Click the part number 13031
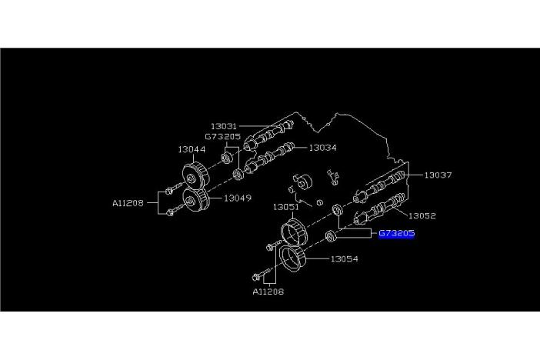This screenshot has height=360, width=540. tap(225, 125)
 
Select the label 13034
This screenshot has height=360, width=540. tap(323, 147)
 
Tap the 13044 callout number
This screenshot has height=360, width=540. tap(191, 149)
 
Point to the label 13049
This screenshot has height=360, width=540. tap(238, 198)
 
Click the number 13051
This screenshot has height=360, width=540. tap(286, 207)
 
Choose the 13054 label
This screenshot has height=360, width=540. tap(345, 259)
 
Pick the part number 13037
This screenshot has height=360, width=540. tap(438, 175)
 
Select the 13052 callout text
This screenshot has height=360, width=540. tap(422, 216)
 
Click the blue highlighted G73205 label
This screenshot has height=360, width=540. tap(396, 233)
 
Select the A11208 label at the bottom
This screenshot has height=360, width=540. tap(267, 292)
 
